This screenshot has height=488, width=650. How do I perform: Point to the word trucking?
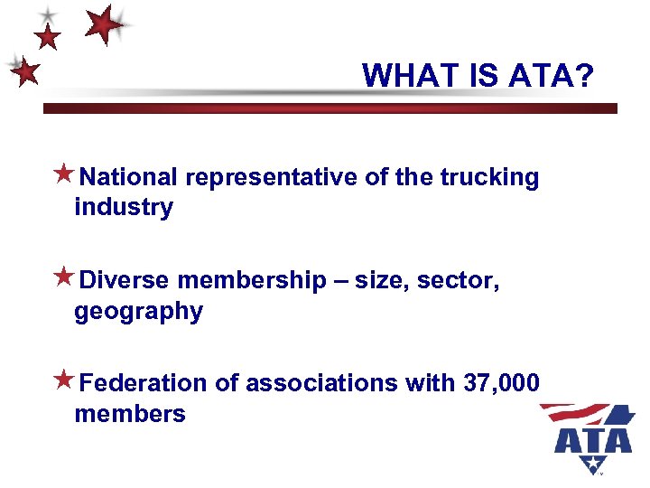(x=490, y=177)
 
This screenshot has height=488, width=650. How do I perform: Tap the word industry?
(x=124, y=207)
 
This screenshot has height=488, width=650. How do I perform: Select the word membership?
(x=252, y=281)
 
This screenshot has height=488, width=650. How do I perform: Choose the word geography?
(x=138, y=312)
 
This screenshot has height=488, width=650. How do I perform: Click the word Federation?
(x=144, y=383)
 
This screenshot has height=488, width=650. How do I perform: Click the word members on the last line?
(x=130, y=414)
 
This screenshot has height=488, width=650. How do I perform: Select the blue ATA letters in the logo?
(x=592, y=439)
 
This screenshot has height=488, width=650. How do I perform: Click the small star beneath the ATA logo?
(x=593, y=465)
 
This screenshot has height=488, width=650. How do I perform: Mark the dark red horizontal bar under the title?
(x=330, y=108)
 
